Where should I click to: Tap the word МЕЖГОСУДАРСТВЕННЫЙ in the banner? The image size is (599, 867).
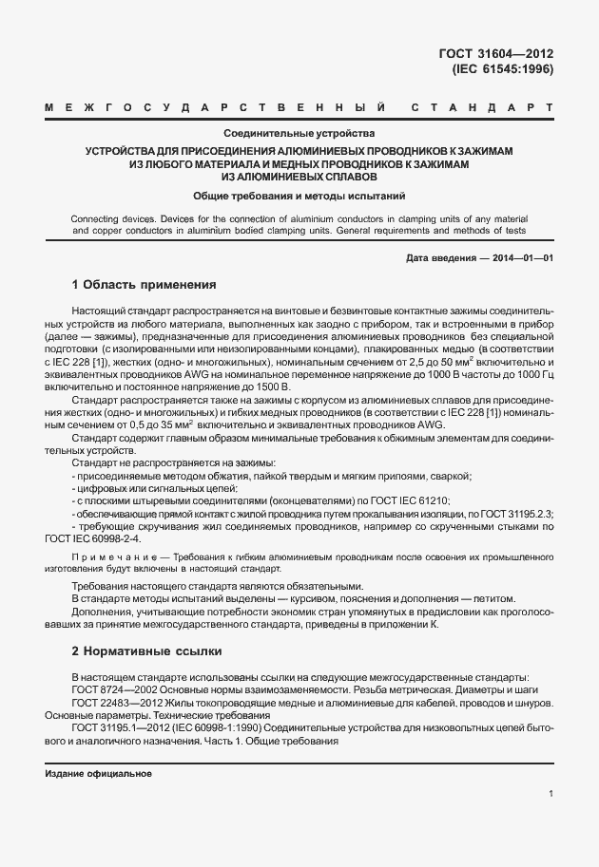pos(215,109)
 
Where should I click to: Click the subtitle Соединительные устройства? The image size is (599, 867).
pos(299,134)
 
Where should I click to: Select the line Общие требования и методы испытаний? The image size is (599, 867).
pos(299,196)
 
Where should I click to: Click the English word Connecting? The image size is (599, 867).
pos(94,218)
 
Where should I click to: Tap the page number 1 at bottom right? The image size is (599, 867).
pos(551,793)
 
